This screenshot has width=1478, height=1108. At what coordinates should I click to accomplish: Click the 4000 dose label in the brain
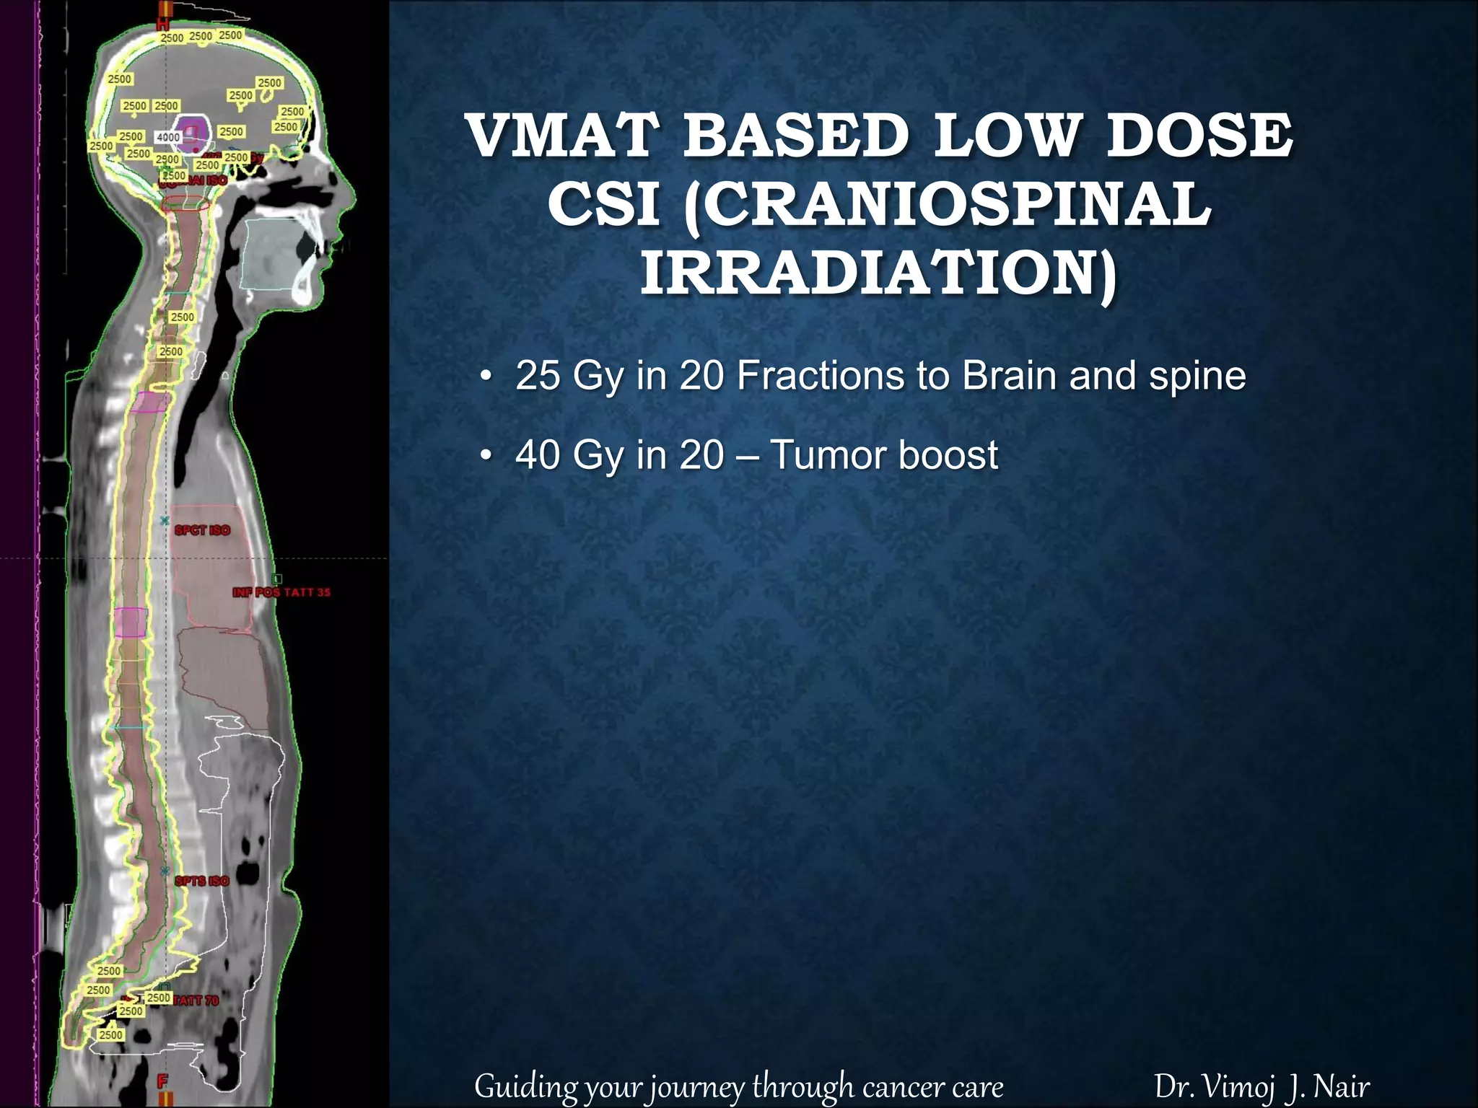[x=168, y=137]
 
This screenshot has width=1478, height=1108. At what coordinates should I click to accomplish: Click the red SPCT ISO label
[x=202, y=530]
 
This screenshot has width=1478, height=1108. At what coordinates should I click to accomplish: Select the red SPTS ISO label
[x=202, y=881]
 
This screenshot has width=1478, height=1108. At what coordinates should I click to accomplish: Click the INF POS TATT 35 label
[x=281, y=592]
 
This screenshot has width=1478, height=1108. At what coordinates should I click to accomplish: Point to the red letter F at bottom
[x=162, y=1081]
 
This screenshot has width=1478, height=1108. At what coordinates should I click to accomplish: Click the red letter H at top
[x=165, y=26]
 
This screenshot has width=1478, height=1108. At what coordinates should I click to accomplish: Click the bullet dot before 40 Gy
[x=487, y=456]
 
